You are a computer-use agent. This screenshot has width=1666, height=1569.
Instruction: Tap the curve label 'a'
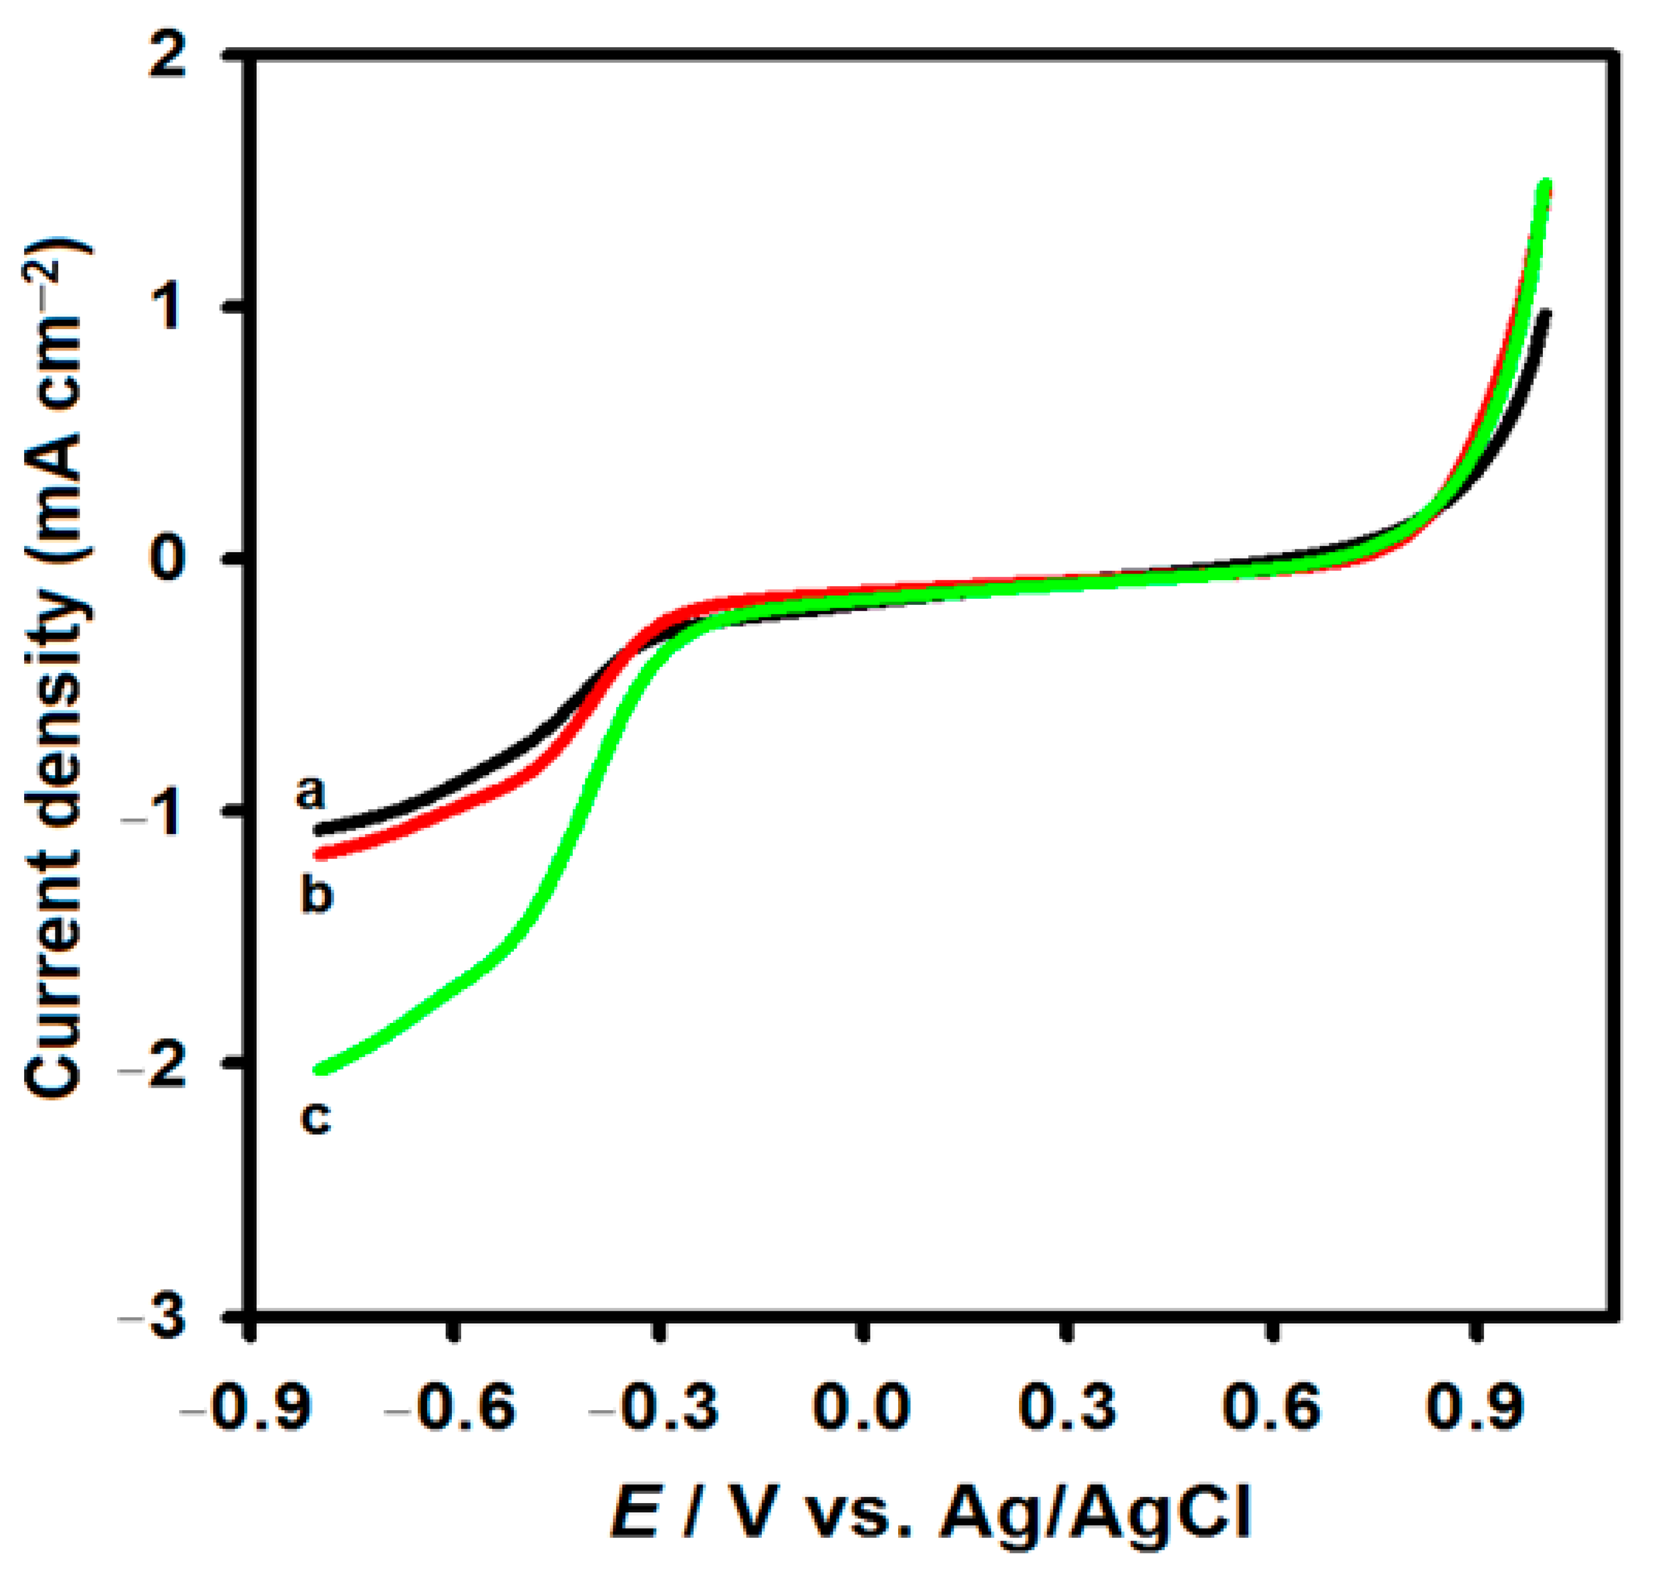310,792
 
